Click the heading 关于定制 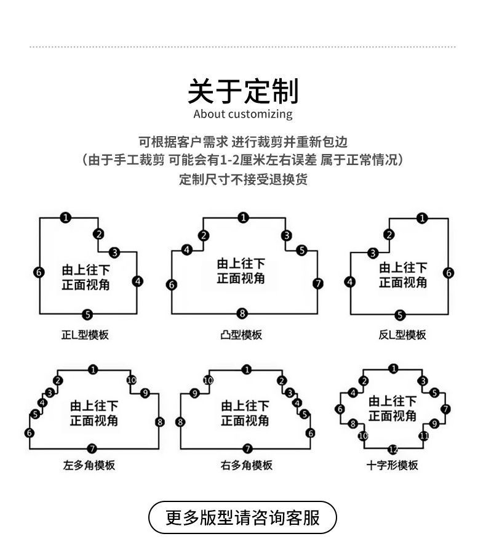(x=243, y=91)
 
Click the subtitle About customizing (x=243, y=114)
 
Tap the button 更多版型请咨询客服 (x=243, y=517)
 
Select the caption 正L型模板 (x=85, y=335)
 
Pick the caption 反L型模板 (x=402, y=335)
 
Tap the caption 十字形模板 (x=392, y=465)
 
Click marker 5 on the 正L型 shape (x=87, y=315)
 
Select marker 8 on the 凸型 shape (x=242, y=314)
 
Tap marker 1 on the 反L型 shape (x=422, y=217)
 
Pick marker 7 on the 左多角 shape (x=92, y=448)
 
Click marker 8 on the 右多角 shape (x=180, y=422)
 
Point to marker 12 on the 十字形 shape (x=393, y=449)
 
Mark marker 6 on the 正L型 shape (x=39, y=272)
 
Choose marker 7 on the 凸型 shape (x=317, y=283)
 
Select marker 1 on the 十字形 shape (x=394, y=368)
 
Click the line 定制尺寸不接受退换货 (x=243, y=179)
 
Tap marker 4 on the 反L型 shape (x=350, y=282)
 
